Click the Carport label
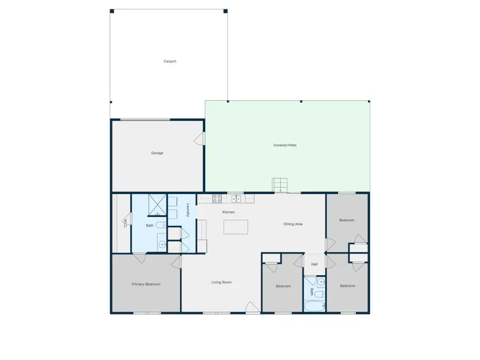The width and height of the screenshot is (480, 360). click(x=170, y=61)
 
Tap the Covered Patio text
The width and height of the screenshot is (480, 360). click(x=285, y=145)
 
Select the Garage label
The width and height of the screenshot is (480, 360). click(x=157, y=153)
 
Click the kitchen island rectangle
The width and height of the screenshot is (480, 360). click(x=236, y=227)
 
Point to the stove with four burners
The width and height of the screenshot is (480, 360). click(x=217, y=198)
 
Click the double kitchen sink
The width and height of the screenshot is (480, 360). click(x=236, y=199)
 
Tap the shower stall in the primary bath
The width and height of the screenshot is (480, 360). click(x=157, y=205)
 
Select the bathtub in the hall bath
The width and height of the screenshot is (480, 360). click(x=314, y=306)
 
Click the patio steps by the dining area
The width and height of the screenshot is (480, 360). click(x=280, y=185)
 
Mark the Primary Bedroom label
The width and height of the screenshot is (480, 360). click(x=146, y=284)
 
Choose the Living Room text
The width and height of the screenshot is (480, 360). click(x=221, y=282)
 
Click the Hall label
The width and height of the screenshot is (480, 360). click(x=314, y=265)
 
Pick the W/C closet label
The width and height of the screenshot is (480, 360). click(x=125, y=223)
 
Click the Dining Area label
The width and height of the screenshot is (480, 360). click(x=293, y=224)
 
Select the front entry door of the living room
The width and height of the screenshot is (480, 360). click(x=252, y=308)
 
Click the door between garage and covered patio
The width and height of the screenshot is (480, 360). click(x=200, y=139)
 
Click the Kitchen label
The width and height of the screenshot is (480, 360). click(x=228, y=212)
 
